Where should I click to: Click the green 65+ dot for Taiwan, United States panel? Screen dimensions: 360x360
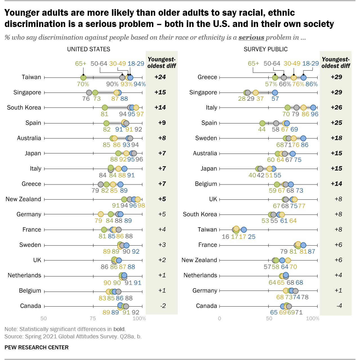coord(83,78)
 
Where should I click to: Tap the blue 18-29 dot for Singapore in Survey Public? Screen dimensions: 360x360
coord(275,93)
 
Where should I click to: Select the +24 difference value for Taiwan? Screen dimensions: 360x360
coord(160,77)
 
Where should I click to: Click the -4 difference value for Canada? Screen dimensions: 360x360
coord(339,306)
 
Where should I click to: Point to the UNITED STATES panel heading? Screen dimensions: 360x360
coord(89,49)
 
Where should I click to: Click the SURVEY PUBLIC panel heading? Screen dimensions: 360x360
coord(265,49)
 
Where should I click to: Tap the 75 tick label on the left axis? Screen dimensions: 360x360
coord(93,318)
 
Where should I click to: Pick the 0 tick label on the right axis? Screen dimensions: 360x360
coord(219,318)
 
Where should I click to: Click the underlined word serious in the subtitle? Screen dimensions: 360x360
coord(251,37)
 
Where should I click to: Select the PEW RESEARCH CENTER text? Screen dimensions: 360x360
coord(37,347)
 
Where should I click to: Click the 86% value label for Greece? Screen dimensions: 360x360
coord(311,84)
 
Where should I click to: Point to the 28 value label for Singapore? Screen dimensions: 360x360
coord(242,99)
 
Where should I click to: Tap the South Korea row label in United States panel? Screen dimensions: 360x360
coord(24,107)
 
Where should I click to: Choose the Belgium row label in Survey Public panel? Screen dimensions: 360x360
coord(206,184)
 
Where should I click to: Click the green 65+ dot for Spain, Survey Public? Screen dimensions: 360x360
coord(262,123)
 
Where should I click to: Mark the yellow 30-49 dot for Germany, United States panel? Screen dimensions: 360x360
coord(101,214)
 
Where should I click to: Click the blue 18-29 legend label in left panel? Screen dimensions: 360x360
coord(136,64)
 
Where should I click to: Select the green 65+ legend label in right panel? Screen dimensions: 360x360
coord(253,64)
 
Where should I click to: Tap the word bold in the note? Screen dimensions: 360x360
coord(119,329)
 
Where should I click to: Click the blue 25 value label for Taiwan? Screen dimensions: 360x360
coord(251,237)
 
